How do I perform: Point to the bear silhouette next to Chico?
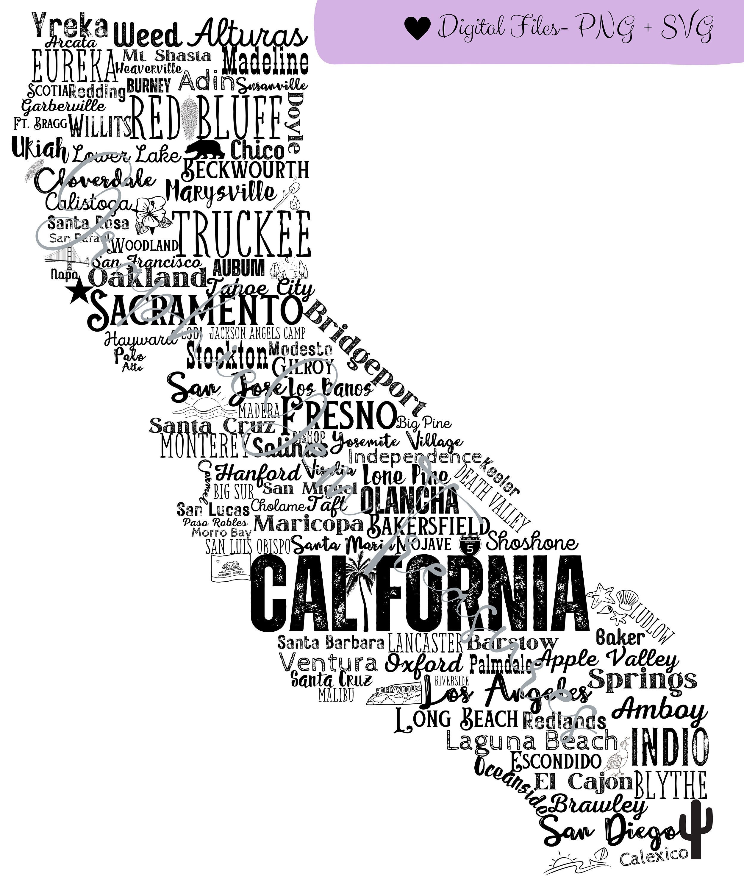tap(205, 150)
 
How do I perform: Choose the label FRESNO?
tap(338, 415)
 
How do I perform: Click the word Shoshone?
tap(532, 543)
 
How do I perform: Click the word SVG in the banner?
tap(687, 28)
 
